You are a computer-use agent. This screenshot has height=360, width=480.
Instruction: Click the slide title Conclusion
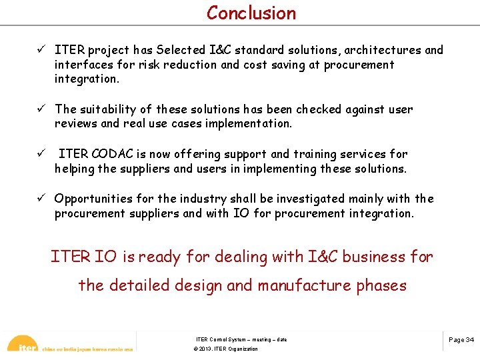tap(251, 13)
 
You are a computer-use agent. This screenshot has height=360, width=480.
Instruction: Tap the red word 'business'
tap(373, 257)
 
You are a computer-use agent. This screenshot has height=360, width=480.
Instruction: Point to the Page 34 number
tap(461, 340)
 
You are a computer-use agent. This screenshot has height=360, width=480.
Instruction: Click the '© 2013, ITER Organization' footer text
tap(225, 349)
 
